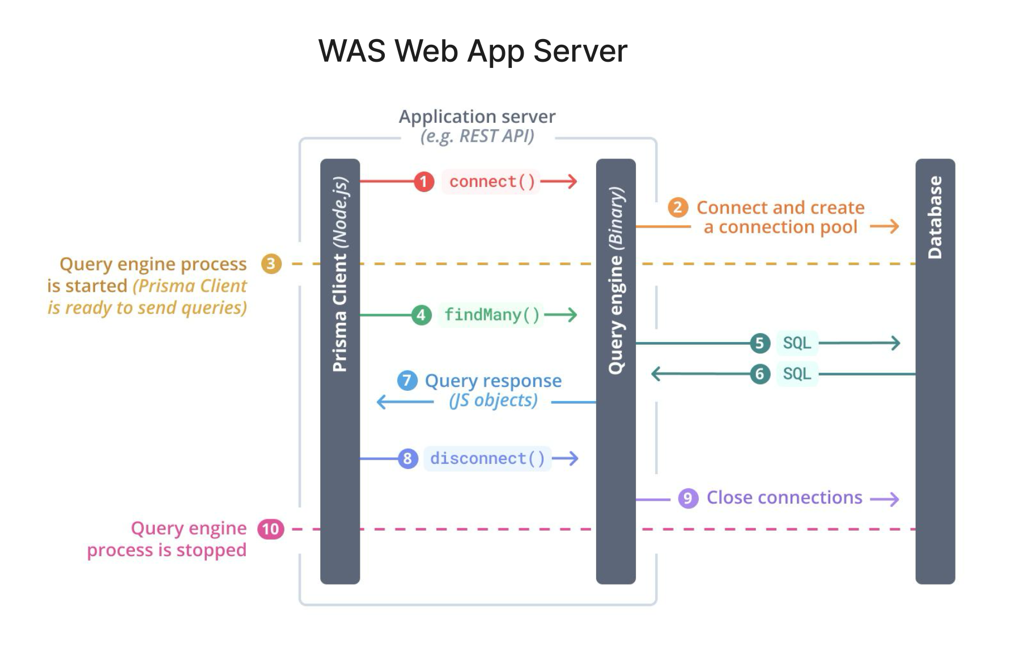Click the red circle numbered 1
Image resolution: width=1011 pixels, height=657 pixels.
tap(423, 182)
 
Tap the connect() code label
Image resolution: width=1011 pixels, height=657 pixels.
tap(492, 182)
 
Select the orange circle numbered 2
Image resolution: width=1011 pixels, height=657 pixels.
tap(678, 208)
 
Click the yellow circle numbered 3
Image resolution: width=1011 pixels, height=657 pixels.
tap(271, 264)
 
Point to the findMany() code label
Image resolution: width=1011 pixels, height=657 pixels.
tap(491, 315)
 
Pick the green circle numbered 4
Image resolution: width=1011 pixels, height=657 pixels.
tap(421, 315)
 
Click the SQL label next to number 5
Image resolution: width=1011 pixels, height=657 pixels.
tap(797, 343)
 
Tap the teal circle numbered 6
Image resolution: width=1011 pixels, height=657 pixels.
tap(759, 374)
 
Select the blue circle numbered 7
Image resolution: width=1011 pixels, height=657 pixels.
tap(407, 381)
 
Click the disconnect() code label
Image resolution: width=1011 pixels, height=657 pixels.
tap(487, 458)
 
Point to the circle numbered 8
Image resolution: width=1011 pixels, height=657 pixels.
tap(407, 458)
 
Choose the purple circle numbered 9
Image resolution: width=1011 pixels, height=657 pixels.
tap(688, 498)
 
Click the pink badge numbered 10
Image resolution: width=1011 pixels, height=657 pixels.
tap(271, 529)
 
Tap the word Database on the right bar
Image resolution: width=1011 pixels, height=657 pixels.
tap(935, 217)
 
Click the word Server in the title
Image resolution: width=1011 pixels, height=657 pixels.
tap(580, 51)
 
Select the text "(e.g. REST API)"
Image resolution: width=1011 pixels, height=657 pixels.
tap(477, 136)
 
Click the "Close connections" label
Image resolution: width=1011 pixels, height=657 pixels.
tap(784, 498)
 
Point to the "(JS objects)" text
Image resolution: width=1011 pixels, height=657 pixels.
tap(493, 400)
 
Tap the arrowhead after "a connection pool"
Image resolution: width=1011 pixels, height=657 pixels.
tap(894, 227)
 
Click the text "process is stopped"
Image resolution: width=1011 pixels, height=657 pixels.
tap(167, 550)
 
